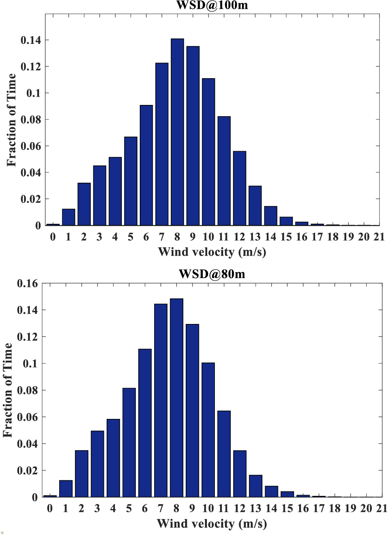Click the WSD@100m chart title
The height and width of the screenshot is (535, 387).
(212, 5)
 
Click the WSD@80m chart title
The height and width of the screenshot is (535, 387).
(212, 274)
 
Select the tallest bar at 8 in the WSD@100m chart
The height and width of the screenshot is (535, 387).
(177, 132)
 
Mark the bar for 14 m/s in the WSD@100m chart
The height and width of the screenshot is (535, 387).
(270, 216)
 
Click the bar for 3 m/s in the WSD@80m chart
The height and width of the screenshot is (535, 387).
(97, 464)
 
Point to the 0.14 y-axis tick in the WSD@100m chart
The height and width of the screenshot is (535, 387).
(31, 40)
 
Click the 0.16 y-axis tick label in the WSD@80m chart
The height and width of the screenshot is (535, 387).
(27, 284)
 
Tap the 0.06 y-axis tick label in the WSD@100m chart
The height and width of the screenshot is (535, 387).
(31, 146)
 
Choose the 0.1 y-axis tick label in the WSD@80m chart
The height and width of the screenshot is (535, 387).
(30, 364)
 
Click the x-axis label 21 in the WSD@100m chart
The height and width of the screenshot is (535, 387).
(379, 237)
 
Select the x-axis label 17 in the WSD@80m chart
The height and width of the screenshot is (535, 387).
(319, 508)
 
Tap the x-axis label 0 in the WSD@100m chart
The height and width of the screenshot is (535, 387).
(53, 237)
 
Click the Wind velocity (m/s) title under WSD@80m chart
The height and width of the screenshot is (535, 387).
(212, 523)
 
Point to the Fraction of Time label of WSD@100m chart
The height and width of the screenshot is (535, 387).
(11, 120)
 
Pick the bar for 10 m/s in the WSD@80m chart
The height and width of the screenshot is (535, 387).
(208, 430)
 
